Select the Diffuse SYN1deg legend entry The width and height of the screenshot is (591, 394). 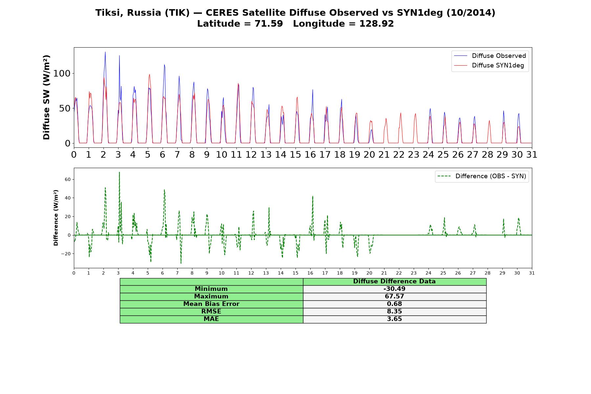489,65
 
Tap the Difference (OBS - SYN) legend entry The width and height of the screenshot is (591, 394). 482,176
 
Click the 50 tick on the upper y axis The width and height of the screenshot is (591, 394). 65,108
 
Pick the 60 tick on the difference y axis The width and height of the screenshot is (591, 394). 68,179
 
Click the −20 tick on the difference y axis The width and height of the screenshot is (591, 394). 66,254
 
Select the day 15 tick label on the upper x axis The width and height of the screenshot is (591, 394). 295,155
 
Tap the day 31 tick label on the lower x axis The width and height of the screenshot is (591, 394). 532,273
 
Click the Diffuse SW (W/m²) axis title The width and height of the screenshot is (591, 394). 47,98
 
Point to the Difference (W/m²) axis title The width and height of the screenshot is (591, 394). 56,218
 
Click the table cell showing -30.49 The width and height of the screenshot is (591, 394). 394,289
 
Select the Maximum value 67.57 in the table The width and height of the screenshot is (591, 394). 394,296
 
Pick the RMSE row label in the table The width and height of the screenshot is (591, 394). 211,312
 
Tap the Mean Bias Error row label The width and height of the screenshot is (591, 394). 211,304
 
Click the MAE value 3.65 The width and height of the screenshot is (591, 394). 394,319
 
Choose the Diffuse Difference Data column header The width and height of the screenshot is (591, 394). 394,281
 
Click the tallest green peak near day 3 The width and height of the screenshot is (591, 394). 119,172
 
